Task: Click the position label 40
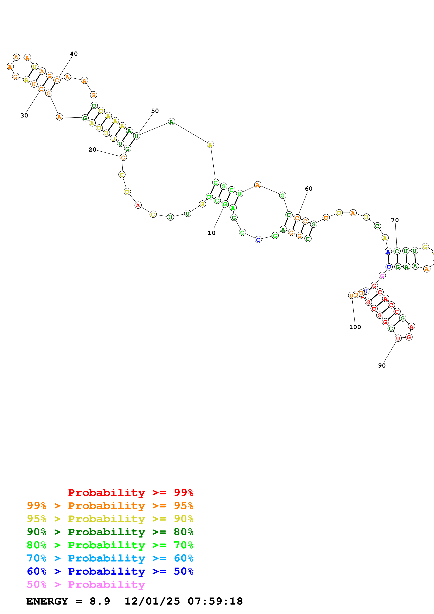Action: (x=74, y=54)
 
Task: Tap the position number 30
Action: (x=24, y=116)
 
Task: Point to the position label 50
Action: (x=155, y=111)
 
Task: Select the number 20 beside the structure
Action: (x=92, y=150)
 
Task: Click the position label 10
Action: (x=211, y=233)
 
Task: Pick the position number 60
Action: (x=309, y=189)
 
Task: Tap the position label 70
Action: (x=395, y=220)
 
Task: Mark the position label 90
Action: (x=382, y=366)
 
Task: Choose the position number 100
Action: (x=355, y=327)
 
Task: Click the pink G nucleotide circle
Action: (x=382, y=275)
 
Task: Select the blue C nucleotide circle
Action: (x=258, y=240)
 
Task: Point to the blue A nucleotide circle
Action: (x=388, y=251)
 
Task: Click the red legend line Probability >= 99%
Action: (x=130, y=493)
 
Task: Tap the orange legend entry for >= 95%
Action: (x=110, y=506)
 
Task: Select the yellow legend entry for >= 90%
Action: (x=110, y=519)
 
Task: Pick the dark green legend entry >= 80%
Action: (x=110, y=532)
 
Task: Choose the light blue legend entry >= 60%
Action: (x=110, y=558)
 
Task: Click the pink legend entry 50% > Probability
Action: (x=86, y=584)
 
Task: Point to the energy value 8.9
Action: (x=100, y=601)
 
